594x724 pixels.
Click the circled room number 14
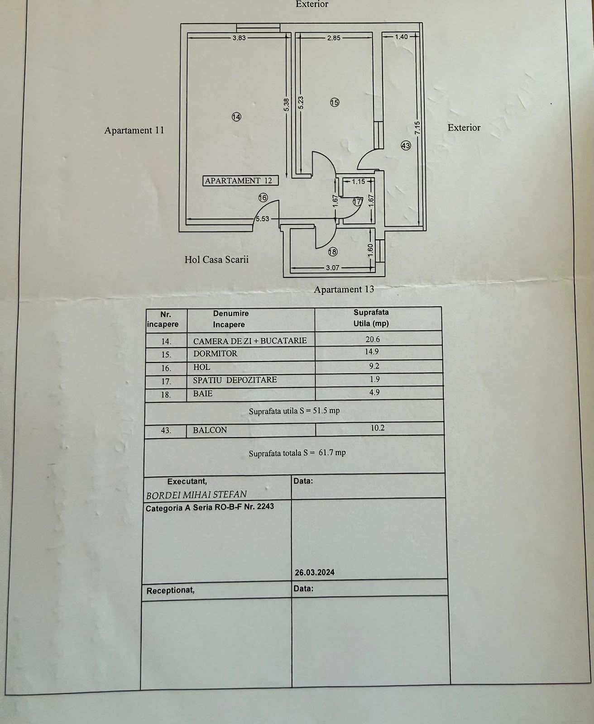236,117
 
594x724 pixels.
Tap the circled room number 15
335,102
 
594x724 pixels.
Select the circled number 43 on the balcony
406,146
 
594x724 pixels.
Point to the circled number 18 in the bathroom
333,252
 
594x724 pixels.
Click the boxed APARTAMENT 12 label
240,181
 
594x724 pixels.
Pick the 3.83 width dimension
239,38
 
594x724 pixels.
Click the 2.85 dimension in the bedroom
334,38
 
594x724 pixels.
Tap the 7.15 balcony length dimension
417,128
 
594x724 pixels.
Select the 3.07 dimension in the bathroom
333,268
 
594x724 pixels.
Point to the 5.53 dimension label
263,219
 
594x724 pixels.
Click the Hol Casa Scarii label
216,259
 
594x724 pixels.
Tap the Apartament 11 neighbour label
134,130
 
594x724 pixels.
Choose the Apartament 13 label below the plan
344,290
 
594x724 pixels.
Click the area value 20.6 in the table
373,339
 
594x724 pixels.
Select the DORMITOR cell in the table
215,353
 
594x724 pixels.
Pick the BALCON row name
210,430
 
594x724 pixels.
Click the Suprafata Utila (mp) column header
371,318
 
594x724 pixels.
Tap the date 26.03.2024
315,572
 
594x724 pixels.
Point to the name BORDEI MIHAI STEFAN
196,495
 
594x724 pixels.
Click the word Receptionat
170,591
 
